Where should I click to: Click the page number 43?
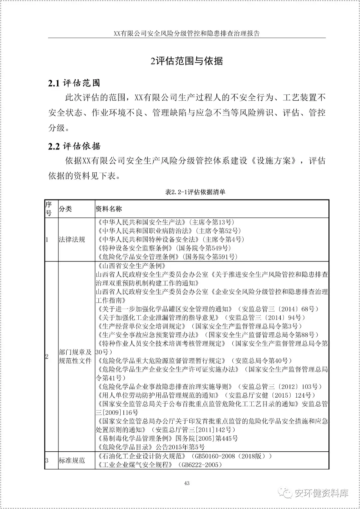[187, 483]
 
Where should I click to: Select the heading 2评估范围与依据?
[187, 61]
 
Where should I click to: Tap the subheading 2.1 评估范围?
[74, 83]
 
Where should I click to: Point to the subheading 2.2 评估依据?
[74, 146]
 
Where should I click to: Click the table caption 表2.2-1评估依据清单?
[195, 192]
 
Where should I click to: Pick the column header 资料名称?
[109, 209]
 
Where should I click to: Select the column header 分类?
[65, 209]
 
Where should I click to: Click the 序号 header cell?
[49, 209]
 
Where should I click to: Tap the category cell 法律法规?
[72, 239]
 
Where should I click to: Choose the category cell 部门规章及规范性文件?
[75, 356]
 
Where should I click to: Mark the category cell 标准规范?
[72, 460]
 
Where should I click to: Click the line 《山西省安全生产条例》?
[131, 266]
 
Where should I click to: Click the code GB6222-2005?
[200, 465]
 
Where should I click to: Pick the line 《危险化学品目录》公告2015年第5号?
[150, 447]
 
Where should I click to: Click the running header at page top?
[187, 34]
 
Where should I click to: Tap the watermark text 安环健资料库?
[321, 493]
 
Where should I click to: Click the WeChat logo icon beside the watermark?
[286, 493]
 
